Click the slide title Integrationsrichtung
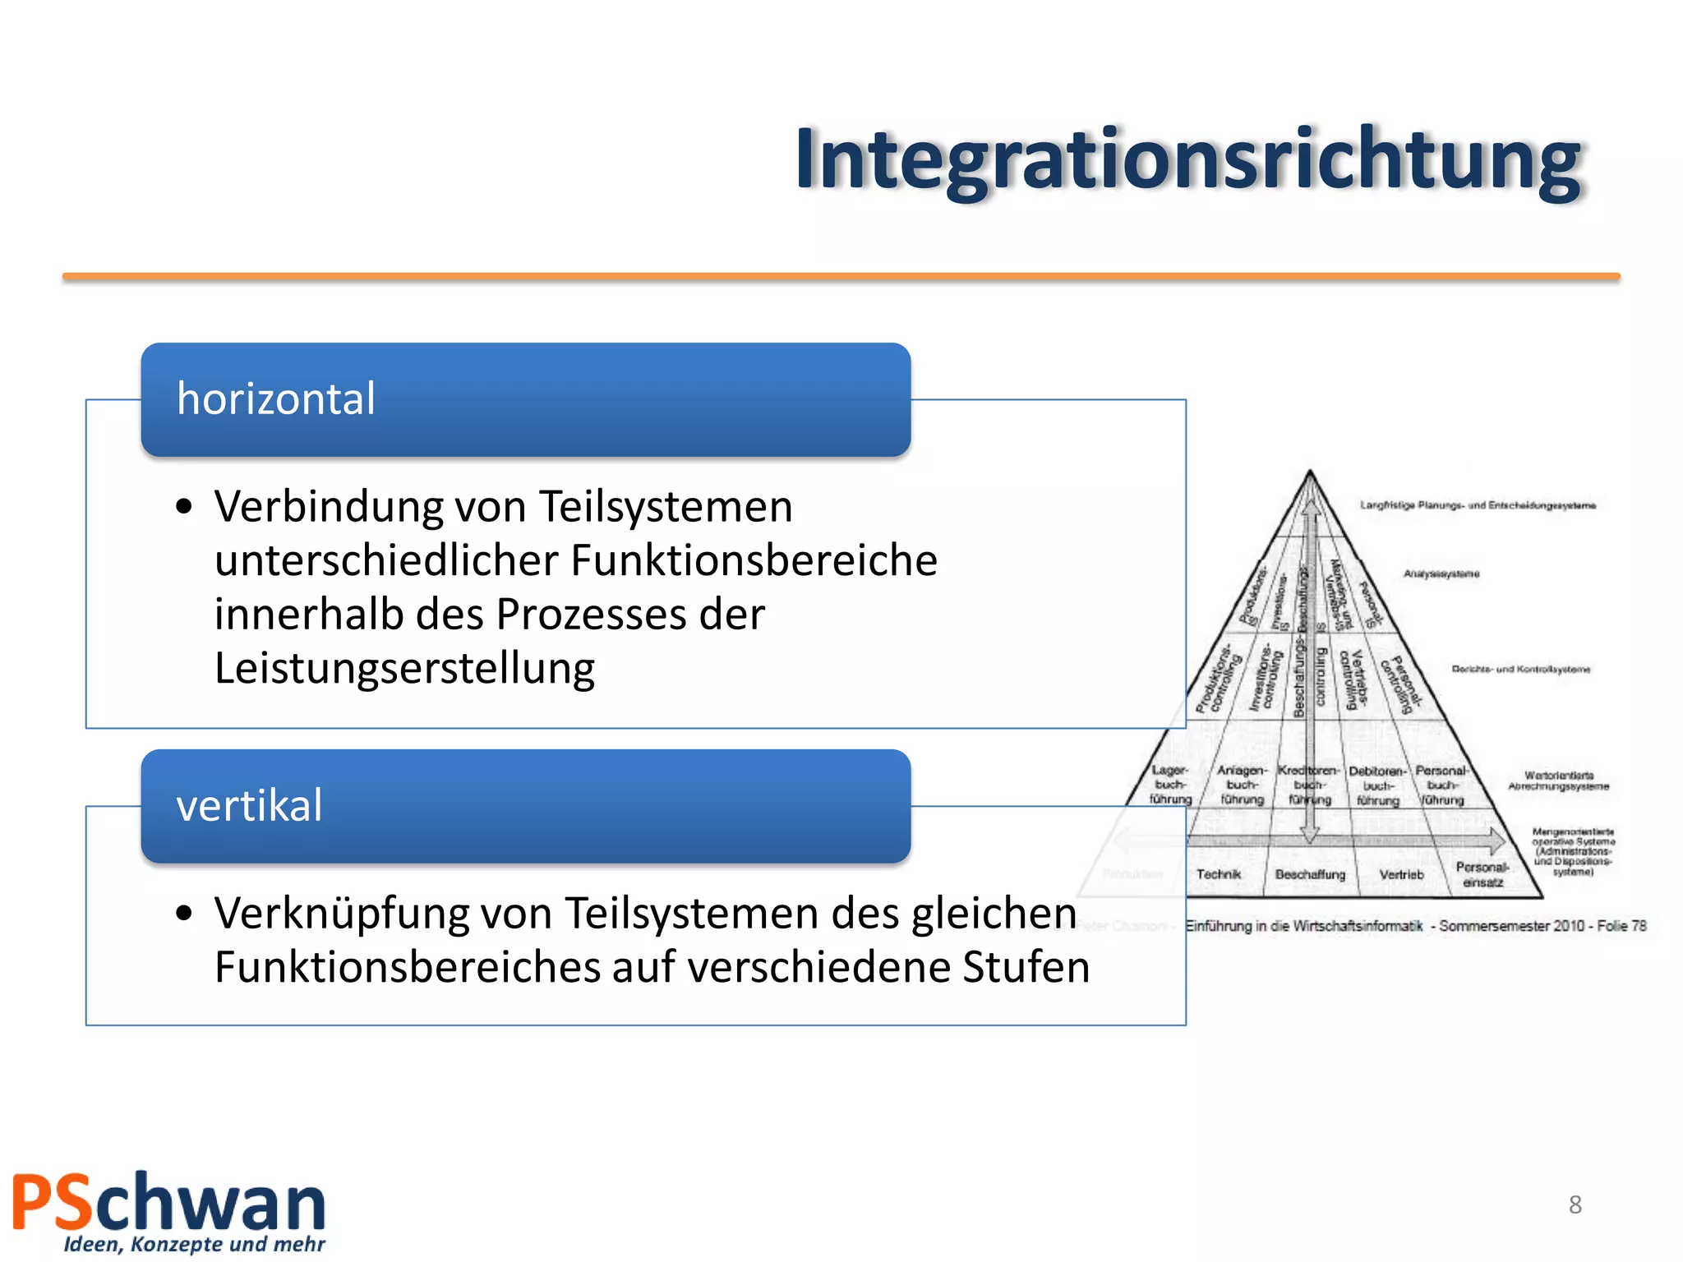pyautogui.click(x=1187, y=160)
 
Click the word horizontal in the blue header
pyautogui.click(x=276, y=399)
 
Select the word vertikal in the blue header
pyautogui.click(x=249, y=805)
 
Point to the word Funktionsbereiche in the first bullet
pyautogui.click(x=754, y=560)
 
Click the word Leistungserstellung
pyautogui.click(x=404, y=668)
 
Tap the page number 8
pyautogui.click(x=1575, y=1204)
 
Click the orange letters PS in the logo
pyautogui.click(x=52, y=1203)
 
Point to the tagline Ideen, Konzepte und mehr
pyautogui.click(x=195, y=1245)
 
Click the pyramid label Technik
pyautogui.click(x=1219, y=874)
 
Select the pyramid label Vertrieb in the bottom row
pyautogui.click(x=1401, y=874)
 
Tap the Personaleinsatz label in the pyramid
pyautogui.click(x=1482, y=874)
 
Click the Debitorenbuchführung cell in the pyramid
pyautogui.click(x=1377, y=785)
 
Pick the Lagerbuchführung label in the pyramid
pyautogui.click(x=1170, y=785)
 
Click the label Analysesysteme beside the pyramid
pyautogui.click(x=1441, y=573)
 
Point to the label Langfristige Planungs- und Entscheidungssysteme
pyautogui.click(x=1478, y=505)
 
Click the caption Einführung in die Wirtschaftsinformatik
pyautogui.click(x=1305, y=926)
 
